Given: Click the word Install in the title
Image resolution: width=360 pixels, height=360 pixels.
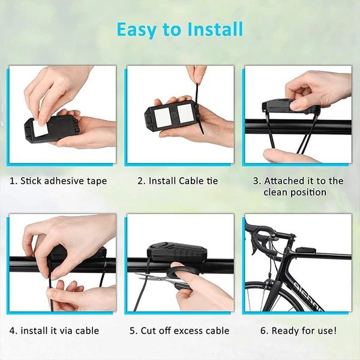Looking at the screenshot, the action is tap(215, 29).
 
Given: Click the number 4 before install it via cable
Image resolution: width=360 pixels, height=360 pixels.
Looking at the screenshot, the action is tap(13, 331).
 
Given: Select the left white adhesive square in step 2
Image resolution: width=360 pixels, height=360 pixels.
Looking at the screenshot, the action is tap(163, 117).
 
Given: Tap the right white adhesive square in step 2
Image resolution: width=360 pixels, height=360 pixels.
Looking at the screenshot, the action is tap(184, 113).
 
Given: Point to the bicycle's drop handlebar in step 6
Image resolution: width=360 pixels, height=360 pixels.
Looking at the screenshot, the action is tap(262, 241).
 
